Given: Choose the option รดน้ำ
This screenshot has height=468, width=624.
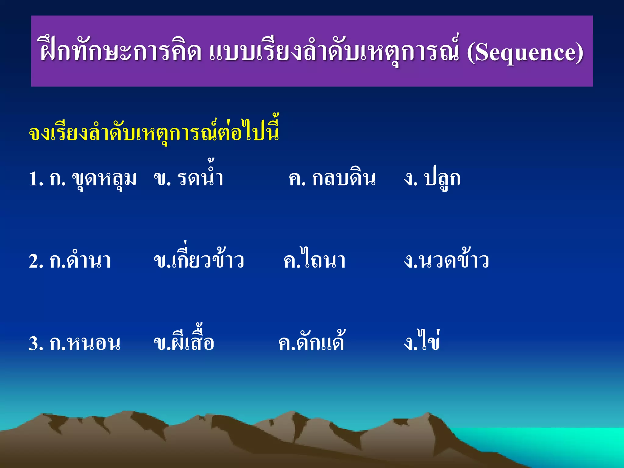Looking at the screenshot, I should click(200, 178).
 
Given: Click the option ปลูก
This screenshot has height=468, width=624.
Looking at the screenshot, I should click(442, 179).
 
